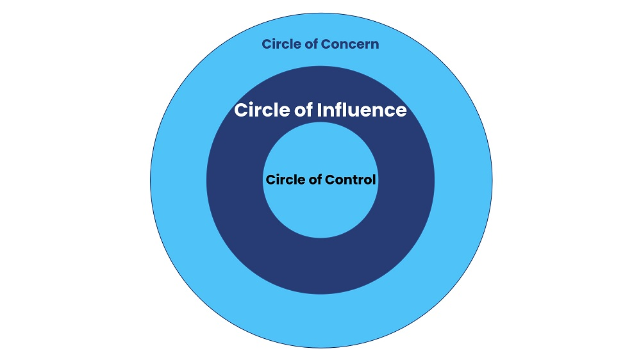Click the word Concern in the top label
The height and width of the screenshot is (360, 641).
[351, 44]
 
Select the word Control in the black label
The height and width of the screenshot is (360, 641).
[351, 179]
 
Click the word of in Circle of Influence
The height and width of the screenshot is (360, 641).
[305, 110]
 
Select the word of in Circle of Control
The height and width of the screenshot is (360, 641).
[316, 179]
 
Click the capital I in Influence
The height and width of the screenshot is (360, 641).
[320, 110]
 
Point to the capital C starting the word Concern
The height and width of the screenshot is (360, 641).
[327, 44]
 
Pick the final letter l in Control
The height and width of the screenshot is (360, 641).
[374, 179]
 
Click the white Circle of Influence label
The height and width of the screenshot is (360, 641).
[320, 110]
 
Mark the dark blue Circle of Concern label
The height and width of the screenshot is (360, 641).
[320, 44]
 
